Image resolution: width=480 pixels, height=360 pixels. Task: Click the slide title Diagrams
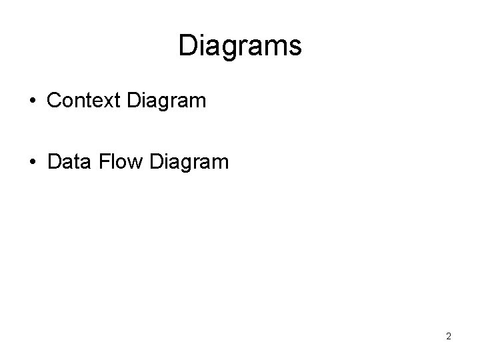point(240,46)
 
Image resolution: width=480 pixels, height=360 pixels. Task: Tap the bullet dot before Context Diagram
point(31,101)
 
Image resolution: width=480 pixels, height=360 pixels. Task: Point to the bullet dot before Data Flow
point(31,162)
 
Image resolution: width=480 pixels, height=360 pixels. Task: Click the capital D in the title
point(187,46)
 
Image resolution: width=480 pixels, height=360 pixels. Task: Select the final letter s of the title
point(295,48)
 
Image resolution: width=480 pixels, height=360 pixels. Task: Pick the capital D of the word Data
point(55,161)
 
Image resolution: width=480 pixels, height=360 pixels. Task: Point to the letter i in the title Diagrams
point(201,45)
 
